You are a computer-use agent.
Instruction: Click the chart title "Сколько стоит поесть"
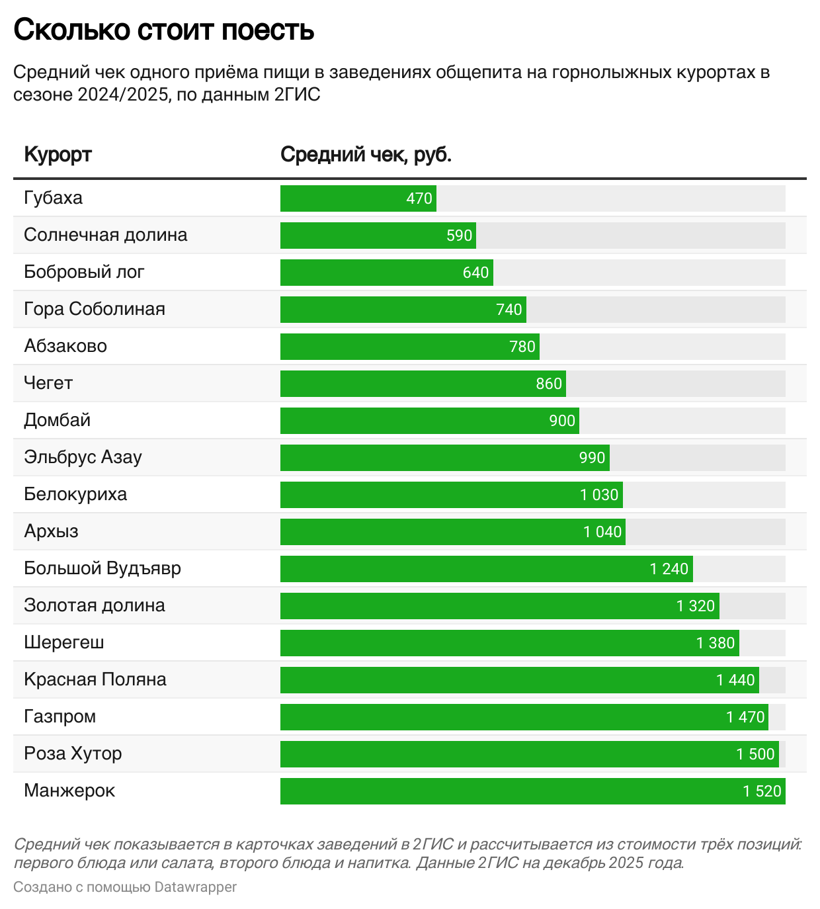tap(163, 30)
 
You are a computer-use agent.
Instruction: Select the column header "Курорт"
tap(58, 154)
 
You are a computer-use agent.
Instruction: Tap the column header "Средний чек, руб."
tap(366, 154)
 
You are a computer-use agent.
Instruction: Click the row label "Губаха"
tap(53, 198)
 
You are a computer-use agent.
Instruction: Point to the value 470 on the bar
tap(419, 198)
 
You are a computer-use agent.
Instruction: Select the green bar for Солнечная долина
tap(378, 236)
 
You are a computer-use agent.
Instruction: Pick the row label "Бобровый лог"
tap(84, 272)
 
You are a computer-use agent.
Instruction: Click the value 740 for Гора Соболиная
tap(509, 310)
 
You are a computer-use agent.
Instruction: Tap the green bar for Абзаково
tap(409, 347)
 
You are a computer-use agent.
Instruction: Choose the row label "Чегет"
tap(48, 383)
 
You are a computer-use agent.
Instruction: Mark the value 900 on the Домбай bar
tap(562, 421)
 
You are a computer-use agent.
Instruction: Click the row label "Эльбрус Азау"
tap(83, 457)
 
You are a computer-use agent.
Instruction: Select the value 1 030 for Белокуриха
tap(599, 495)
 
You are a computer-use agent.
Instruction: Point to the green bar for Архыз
tap(452, 532)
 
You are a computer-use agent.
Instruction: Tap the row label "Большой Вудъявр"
tap(102, 568)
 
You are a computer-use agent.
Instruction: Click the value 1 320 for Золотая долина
tap(695, 606)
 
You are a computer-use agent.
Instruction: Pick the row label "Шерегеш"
tap(64, 642)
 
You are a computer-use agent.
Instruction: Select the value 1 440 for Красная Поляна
tap(735, 680)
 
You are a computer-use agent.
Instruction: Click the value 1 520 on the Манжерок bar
tap(762, 791)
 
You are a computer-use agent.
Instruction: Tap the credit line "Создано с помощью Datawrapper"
tap(125, 887)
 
